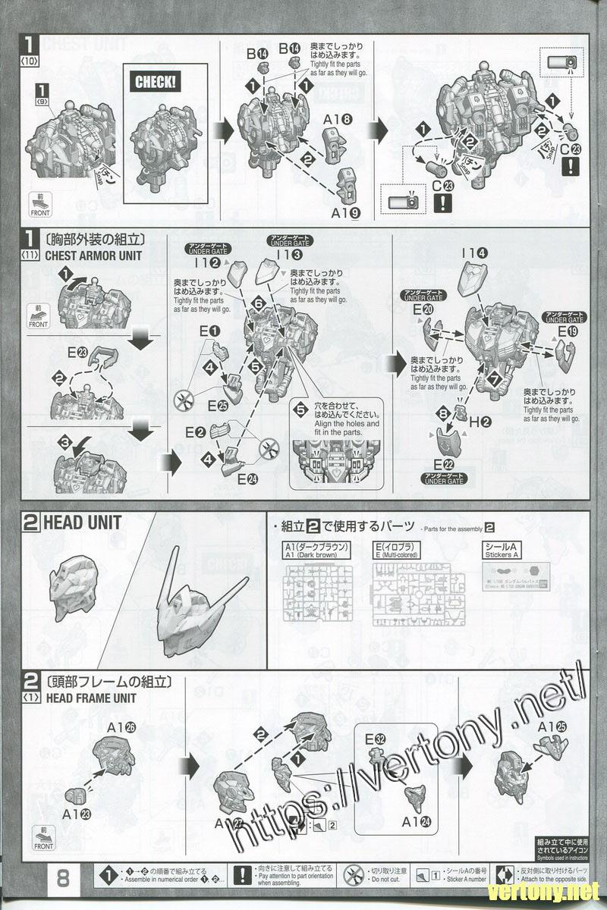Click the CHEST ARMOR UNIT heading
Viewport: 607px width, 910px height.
(x=93, y=256)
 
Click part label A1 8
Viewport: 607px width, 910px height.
(x=338, y=119)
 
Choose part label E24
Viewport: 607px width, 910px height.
(x=247, y=479)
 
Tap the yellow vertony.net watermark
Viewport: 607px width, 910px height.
(x=544, y=890)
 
